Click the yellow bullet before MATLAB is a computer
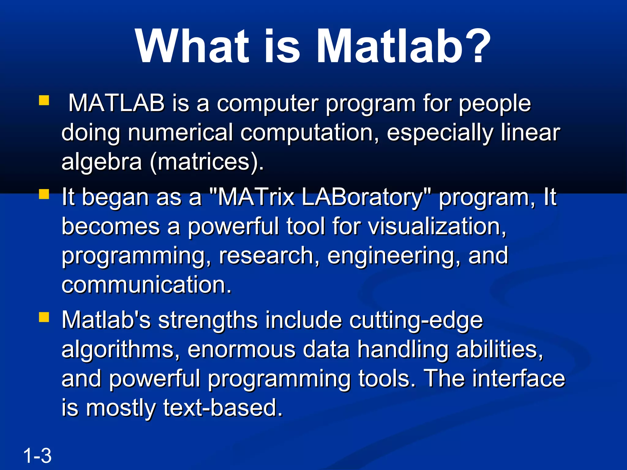point(44,100)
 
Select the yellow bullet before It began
point(44,194)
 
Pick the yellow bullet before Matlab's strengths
point(44,317)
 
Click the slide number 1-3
point(37,456)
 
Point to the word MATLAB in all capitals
point(116,103)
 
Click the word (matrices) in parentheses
point(206,162)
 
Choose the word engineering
point(394,256)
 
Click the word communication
point(146,285)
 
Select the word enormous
point(241,349)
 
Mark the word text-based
point(223,408)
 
